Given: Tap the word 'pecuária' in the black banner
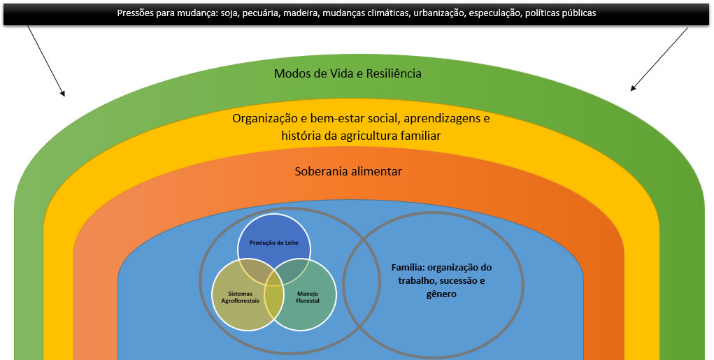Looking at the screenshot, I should pyautogui.click(x=261, y=13).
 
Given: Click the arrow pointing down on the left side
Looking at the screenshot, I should pyautogui.click(x=46, y=61).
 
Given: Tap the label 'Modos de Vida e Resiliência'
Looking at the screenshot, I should pyautogui.click(x=348, y=73).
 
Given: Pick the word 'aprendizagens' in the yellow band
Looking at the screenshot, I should pyautogui.click(x=453, y=118).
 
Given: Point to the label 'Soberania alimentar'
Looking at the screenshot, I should pyautogui.click(x=348, y=171).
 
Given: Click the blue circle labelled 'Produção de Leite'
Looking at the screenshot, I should pyautogui.click(x=273, y=238).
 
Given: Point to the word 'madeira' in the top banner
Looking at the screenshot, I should pyautogui.click(x=301, y=13).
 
